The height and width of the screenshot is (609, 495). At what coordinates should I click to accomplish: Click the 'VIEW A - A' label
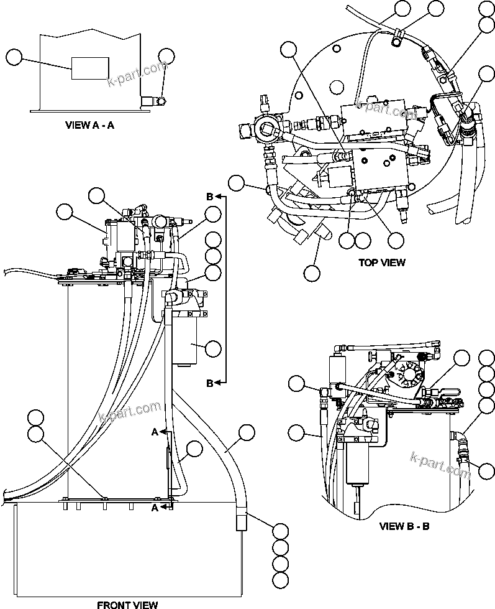[x=90, y=124]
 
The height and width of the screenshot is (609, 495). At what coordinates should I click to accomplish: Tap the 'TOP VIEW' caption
[x=382, y=262]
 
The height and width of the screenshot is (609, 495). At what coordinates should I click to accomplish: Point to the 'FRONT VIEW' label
[x=127, y=604]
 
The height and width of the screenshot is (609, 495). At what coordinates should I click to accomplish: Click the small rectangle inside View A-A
[x=90, y=68]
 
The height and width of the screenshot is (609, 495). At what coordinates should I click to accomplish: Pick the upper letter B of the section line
[x=210, y=197]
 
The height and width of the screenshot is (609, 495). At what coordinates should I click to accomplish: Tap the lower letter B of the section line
[x=210, y=383]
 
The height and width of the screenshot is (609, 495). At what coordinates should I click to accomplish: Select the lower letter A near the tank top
[x=156, y=507]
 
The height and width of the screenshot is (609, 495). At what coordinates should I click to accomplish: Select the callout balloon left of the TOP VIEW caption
[x=312, y=272]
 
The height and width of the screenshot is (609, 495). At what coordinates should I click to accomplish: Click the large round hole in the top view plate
[x=337, y=86]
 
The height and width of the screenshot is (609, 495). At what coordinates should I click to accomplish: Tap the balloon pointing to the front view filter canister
[x=213, y=348]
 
